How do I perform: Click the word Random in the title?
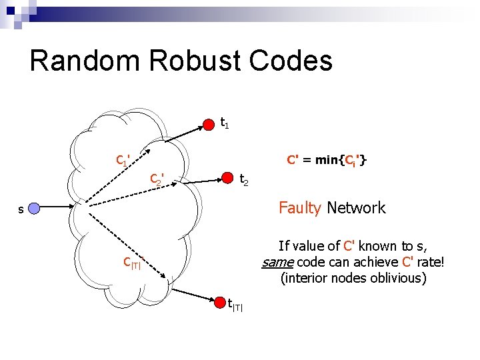click(x=85, y=61)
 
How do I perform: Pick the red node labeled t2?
click(x=228, y=178)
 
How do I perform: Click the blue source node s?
click(x=35, y=209)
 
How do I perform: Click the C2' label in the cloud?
click(x=157, y=179)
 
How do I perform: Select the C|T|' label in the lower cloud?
click(x=131, y=263)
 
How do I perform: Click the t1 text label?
click(x=225, y=123)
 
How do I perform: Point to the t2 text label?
click(x=244, y=179)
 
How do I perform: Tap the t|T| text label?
click(x=235, y=305)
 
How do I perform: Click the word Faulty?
click(x=300, y=208)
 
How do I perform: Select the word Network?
click(x=356, y=208)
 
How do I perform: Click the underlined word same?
click(x=277, y=263)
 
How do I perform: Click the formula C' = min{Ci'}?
click(x=326, y=160)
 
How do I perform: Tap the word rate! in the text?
click(x=431, y=263)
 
